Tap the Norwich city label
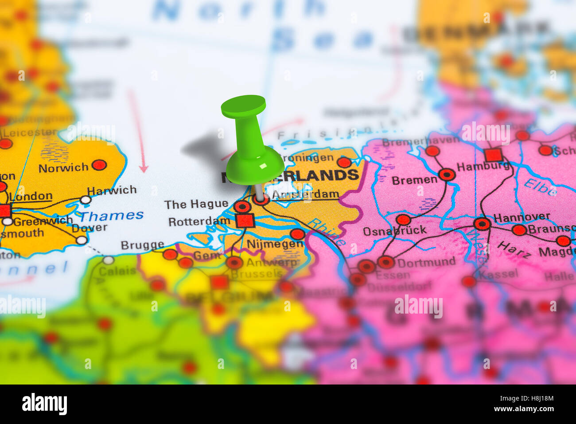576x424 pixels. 63,168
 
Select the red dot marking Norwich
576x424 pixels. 99,165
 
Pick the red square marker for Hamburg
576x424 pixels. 493,155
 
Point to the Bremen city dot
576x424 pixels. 447,175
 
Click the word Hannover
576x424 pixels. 522,218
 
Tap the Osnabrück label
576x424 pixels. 394,231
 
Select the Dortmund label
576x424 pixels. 426,262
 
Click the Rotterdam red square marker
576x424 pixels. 245,220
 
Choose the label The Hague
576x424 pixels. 196,204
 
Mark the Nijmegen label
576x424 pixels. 275,243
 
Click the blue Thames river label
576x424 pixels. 111,216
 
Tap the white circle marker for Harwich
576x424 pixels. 86,200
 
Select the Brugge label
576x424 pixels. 142,245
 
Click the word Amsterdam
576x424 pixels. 306,194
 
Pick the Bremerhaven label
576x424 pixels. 420,142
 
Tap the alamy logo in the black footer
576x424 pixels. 45,404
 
